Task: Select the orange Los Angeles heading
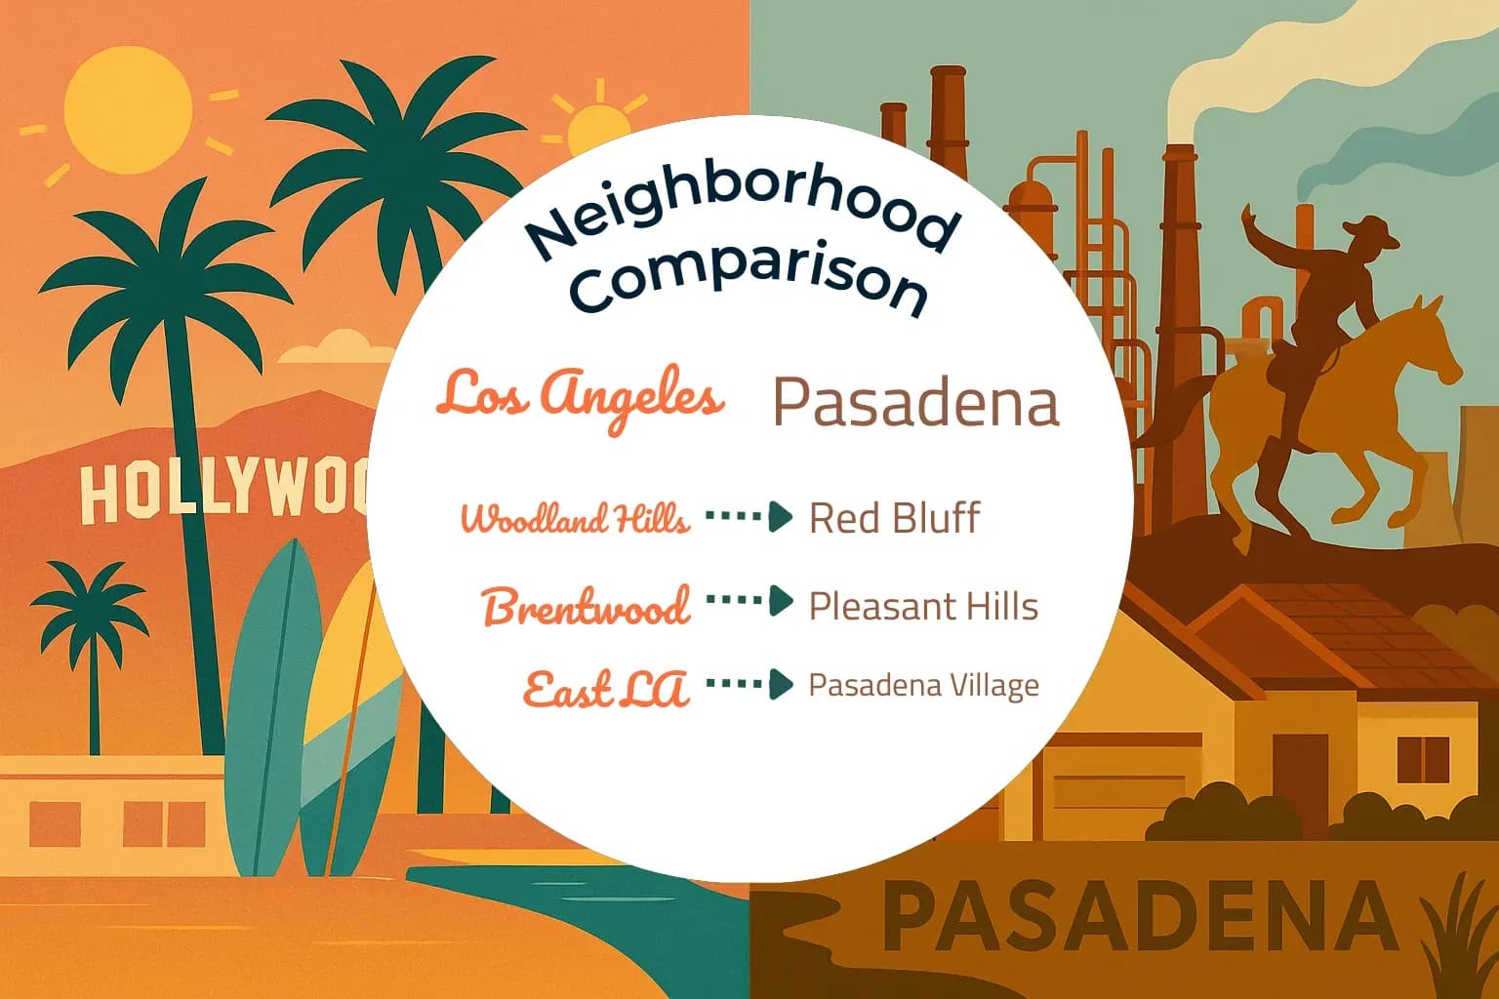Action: [x=581, y=396]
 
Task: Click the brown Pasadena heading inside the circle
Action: [x=915, y=403]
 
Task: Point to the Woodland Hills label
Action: [x=575, y=518]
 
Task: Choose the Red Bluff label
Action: [x=894, y=518]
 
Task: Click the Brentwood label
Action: [x=587, y=607]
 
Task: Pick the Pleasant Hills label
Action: [x=923, y=607]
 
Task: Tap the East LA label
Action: [x=606, y=689]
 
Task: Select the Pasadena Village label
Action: [x=923, y=686]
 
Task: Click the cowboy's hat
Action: [x=1368, y=234]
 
